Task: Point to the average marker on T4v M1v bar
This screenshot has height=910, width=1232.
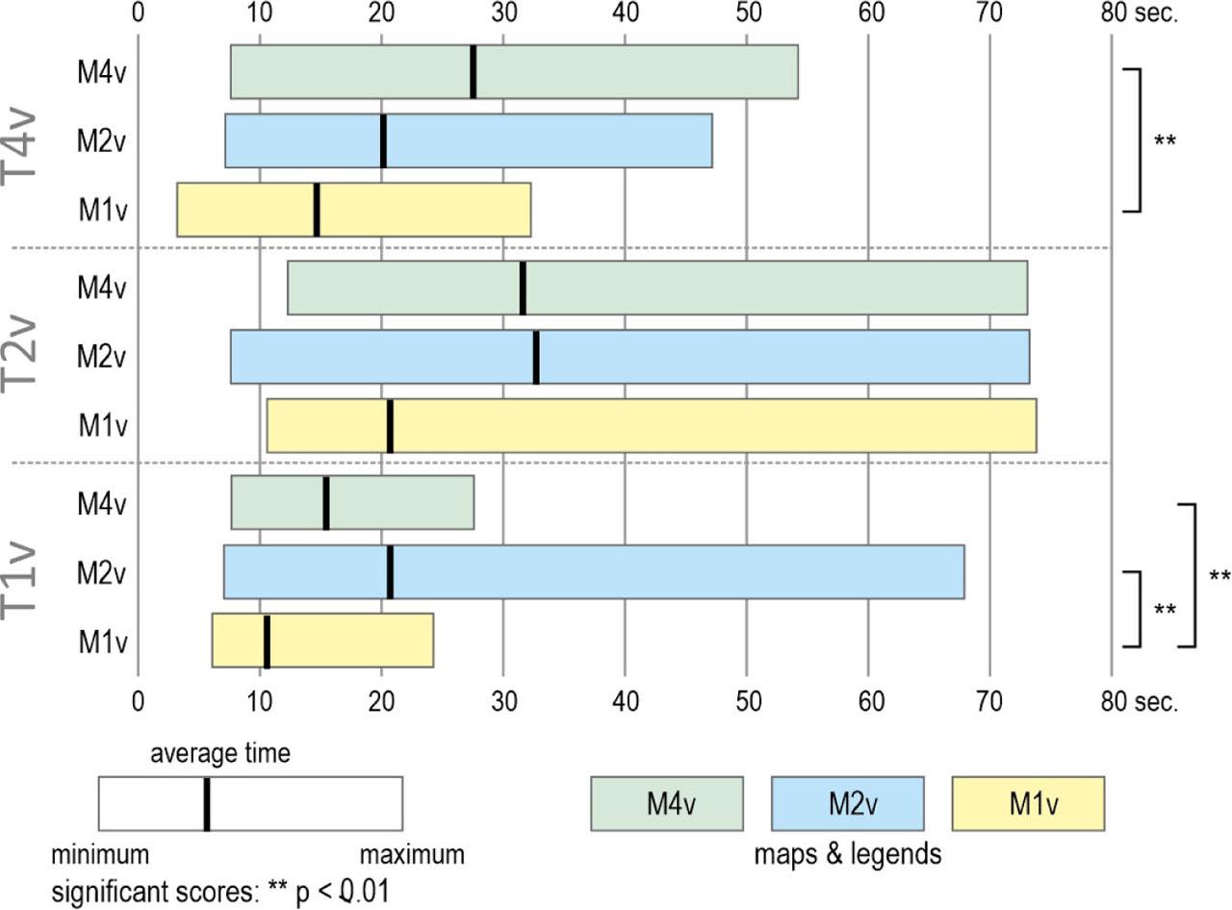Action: point(317,210)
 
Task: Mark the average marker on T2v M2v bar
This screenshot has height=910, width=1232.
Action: point(535,357)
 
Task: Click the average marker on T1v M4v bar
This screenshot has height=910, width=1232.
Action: point(326,503)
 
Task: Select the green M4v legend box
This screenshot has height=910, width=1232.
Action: point(666,803)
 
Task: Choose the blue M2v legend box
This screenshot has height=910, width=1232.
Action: point(847,803)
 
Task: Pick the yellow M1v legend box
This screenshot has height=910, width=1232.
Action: point(1027,803)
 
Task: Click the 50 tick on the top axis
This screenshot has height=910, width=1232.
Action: point(747,14)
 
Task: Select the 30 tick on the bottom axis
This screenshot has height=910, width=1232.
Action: point(503,701)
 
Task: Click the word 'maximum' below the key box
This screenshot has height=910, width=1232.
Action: point(412,854)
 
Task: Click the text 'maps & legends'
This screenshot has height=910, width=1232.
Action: point(848,853)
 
